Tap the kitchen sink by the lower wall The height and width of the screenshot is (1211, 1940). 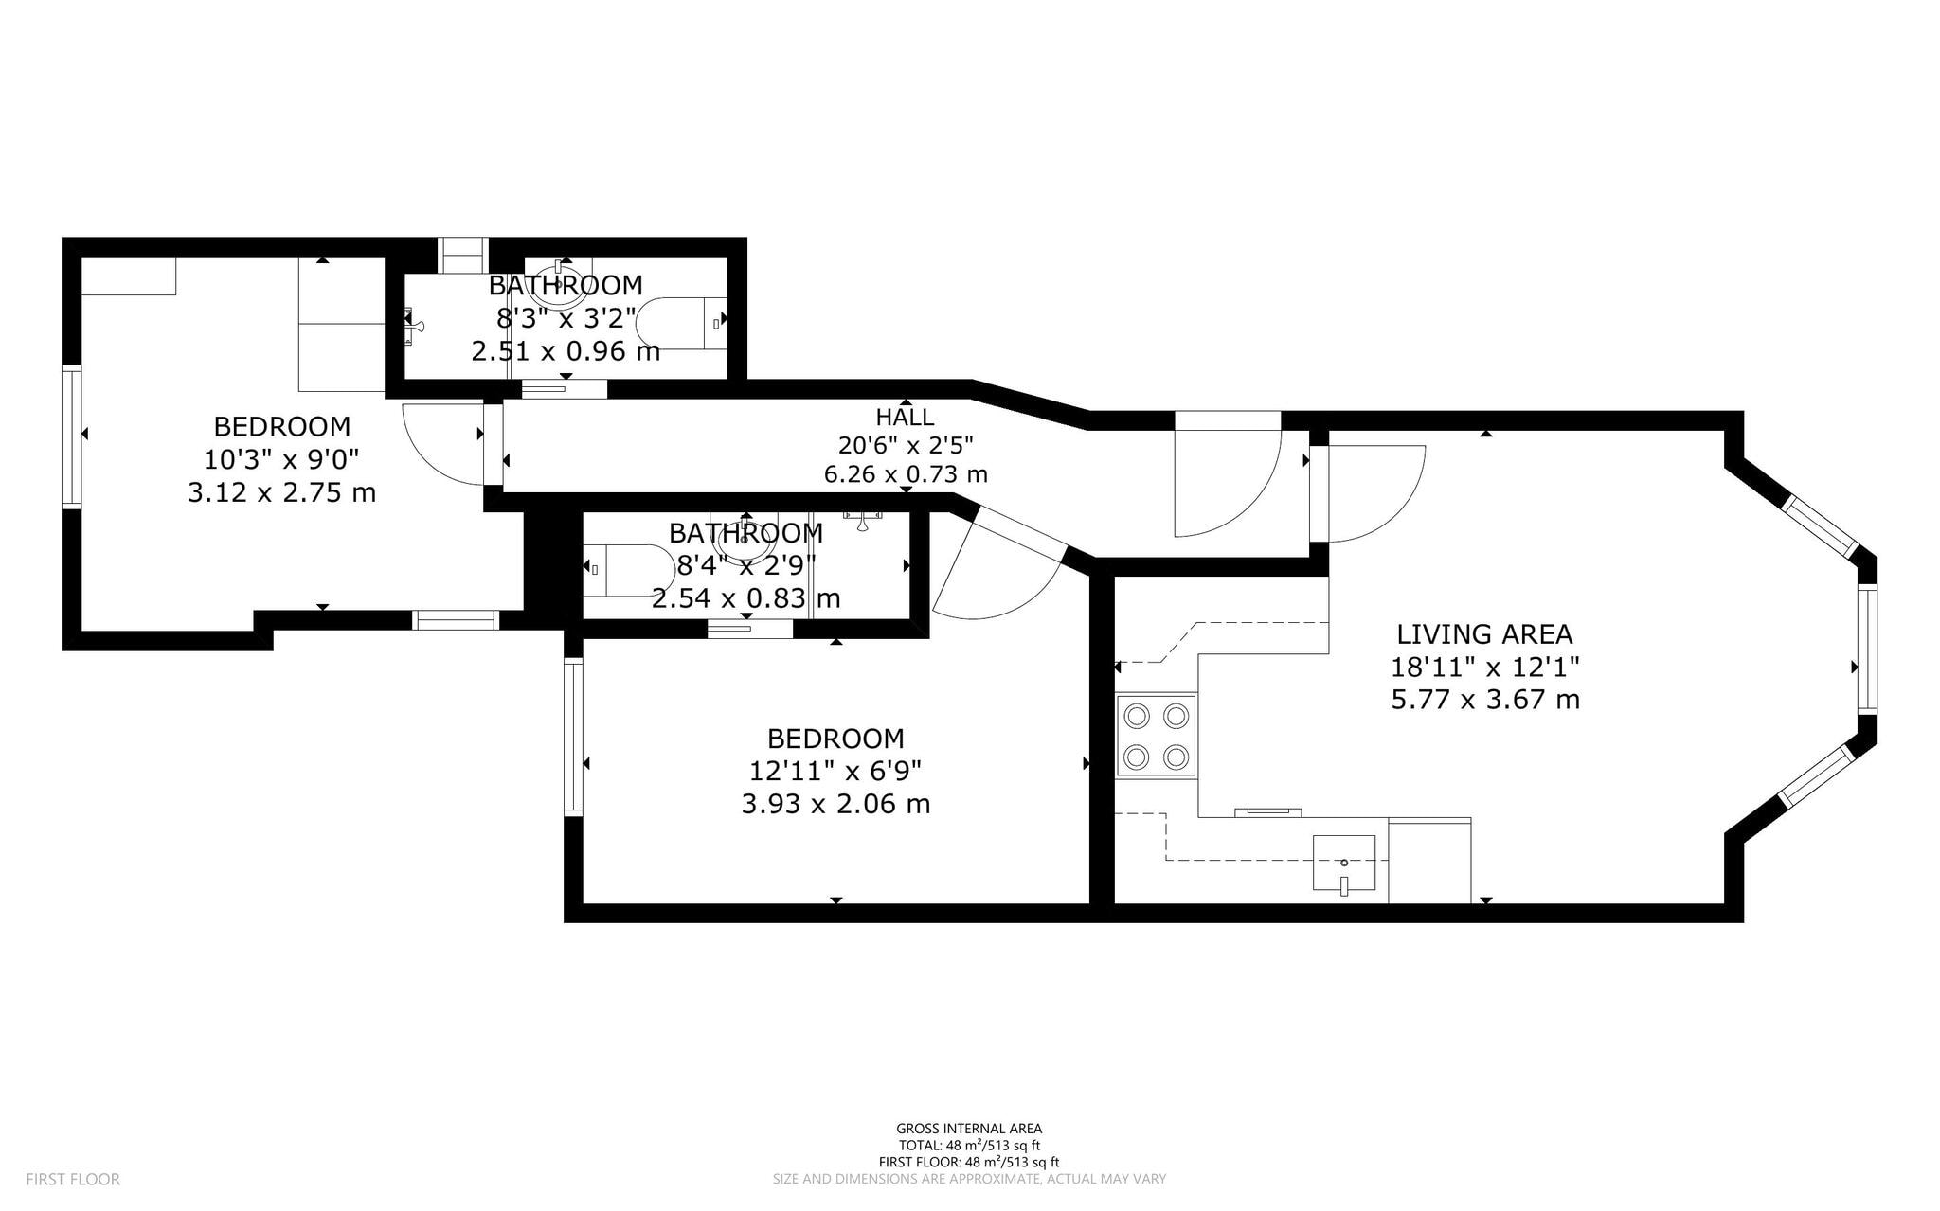coord(1343,863)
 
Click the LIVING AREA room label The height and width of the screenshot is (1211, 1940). coord(1484,634)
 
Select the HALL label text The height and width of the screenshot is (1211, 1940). coord(905,417)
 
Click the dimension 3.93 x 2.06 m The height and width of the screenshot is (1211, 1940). coord(835,805)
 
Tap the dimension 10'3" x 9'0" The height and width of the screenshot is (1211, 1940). coord(281,460)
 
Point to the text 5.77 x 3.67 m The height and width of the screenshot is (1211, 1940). coord(1484,701)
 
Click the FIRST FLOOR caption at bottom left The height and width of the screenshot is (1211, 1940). coord(73,1180)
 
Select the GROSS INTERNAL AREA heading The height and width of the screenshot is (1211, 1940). coord(969,1129)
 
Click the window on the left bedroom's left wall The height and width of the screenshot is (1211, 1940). coord(71,436)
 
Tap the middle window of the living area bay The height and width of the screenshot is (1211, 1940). coord(1866,649)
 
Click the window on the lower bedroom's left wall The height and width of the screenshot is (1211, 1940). coord(573,737)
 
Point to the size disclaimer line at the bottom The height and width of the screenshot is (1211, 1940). coord(969,1180)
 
